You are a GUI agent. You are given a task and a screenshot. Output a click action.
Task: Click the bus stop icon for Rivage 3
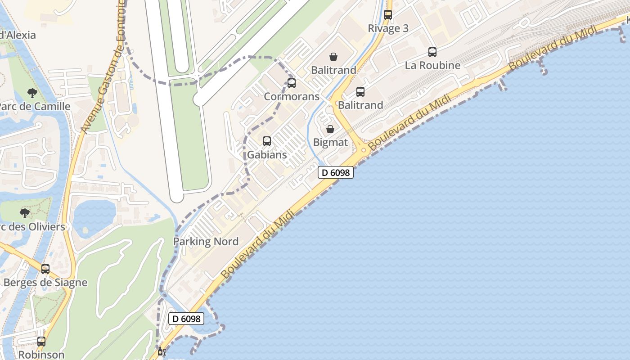(387, 14)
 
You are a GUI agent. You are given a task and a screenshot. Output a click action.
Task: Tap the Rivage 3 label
(388, 28)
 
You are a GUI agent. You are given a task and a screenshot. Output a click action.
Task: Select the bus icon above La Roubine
(432, 52)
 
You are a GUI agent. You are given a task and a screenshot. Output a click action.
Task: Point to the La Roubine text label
(432, 65)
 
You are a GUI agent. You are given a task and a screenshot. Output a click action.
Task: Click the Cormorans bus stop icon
(292, 83)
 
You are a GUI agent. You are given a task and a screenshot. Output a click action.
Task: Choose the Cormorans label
(292, 96)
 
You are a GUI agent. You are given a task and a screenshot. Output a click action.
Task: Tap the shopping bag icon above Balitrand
(333, 57)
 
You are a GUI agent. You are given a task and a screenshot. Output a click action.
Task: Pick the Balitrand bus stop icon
(360, 92)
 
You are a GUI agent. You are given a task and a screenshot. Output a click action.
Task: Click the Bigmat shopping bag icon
(330, 129)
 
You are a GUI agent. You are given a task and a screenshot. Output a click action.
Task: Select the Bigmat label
(330, 143)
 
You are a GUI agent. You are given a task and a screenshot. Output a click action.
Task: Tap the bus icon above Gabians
(267, 141)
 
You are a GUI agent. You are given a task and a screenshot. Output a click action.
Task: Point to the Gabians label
(267, 155)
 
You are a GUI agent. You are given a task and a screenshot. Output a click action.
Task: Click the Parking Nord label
(206, 242)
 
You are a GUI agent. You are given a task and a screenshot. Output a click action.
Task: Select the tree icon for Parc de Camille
(32, 93)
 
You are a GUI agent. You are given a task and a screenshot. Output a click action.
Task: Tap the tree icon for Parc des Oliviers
(25, 213)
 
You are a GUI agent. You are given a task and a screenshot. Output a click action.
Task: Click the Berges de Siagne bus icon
(45, 269)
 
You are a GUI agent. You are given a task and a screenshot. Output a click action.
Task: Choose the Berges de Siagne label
(45, 283)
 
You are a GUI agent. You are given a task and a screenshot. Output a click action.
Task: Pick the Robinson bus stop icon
(41, 342)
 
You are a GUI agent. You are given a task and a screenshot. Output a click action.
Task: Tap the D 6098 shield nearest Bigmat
(336, 172)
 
